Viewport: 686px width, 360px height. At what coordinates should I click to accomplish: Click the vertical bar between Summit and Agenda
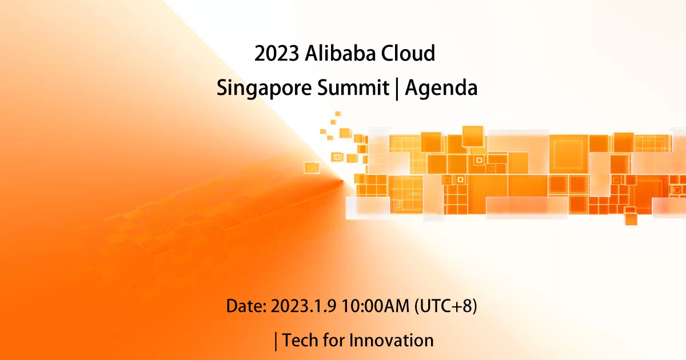(397, 89)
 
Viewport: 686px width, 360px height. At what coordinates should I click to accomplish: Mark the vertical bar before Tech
(277, 341)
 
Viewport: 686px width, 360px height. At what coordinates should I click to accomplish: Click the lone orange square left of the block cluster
(311, 167)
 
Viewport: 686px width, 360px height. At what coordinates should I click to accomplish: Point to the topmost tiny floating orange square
(338, 114)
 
